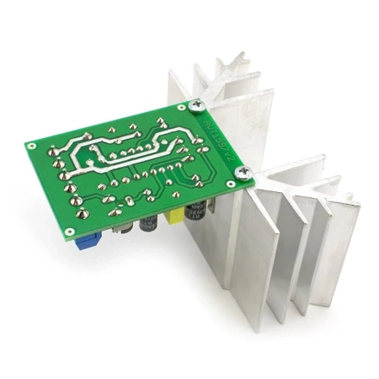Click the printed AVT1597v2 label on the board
click(x=221, y=138)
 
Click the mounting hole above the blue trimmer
click(x=67, y=229)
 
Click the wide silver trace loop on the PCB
click(x=126, y=152)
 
